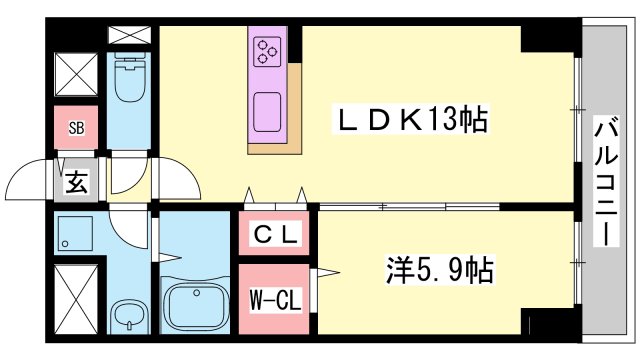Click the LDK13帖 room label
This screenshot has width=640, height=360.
click(x=411, y=121)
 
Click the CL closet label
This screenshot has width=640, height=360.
click(x=274, y=237)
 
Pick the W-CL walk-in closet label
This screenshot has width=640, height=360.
click(x=273, y=299)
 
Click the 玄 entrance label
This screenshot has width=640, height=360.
click(x=76, y=182)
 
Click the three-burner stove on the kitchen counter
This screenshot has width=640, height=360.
click(x=268, y=50)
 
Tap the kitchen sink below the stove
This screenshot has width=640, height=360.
click(x=269, y=109)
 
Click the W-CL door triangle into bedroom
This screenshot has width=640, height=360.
click(x=325, y=272)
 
